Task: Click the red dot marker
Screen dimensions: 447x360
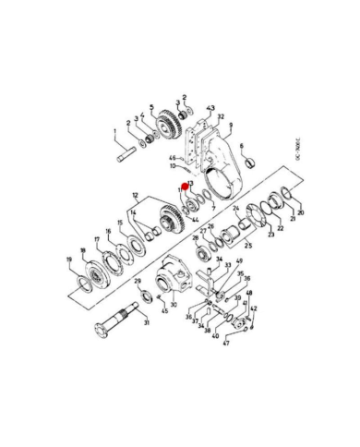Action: pos(188,192)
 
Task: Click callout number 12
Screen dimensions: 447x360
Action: pos(136,195)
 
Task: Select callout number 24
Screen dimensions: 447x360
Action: pos(235,209)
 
